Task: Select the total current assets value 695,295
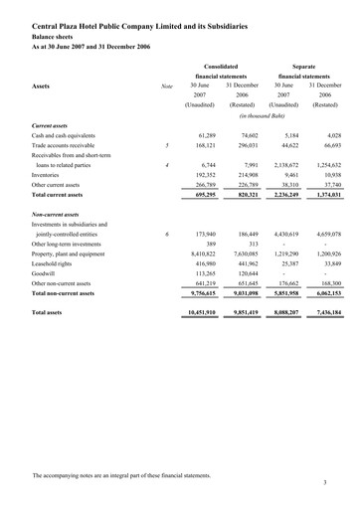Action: (x=201, y=227)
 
